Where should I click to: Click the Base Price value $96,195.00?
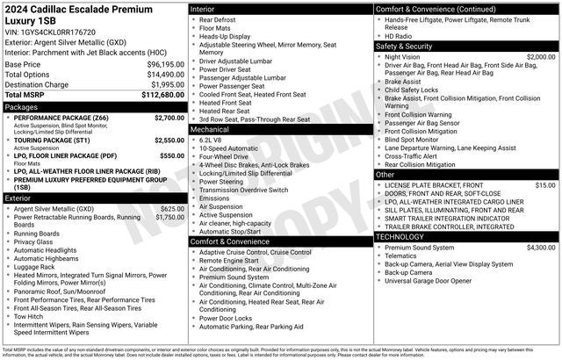tap(159, 64)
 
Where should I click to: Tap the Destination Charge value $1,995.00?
tap(162, 84)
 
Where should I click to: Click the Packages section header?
tap(21, 106)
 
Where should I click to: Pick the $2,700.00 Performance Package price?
tap(169, 117)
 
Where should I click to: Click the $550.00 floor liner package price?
tap(172, 155)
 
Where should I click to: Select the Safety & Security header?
tap(407, 46)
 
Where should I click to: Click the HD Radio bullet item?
tap(400, 35)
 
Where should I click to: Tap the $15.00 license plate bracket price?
tap(544, 185)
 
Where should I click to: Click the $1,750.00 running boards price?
tap(169, 217)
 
